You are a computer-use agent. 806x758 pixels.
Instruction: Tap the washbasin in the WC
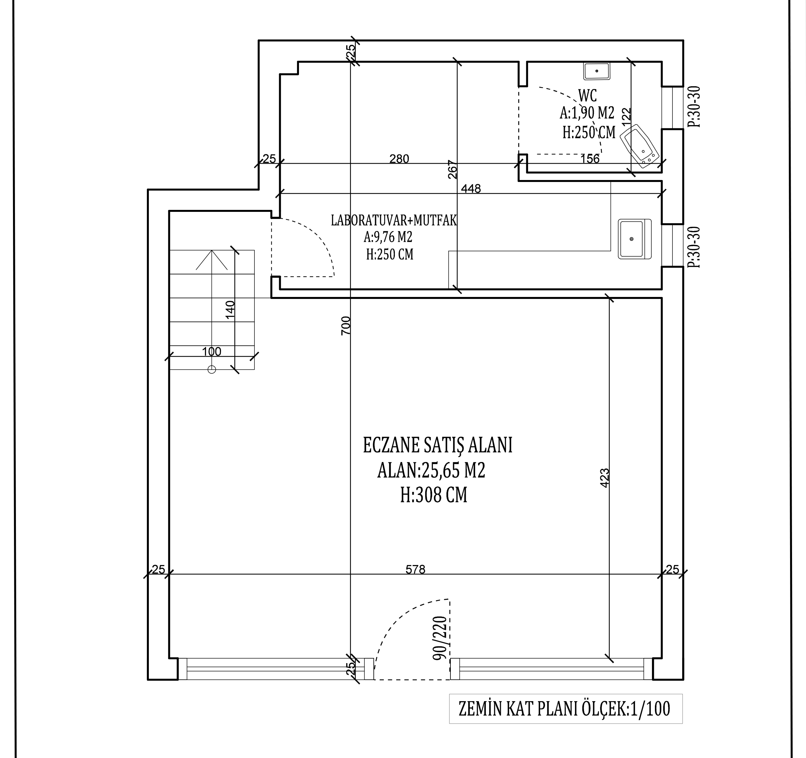point(597,71)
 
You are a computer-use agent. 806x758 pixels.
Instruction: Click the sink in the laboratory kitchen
point(634,239)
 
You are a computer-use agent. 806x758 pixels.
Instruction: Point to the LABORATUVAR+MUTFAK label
point(394,221)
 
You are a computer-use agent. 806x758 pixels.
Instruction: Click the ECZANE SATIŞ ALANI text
point(437,445)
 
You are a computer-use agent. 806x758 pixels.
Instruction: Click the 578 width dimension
point(416,570)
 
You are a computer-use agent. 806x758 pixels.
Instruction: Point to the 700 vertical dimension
point(345,326)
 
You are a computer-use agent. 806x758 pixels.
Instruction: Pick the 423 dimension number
point(604,478)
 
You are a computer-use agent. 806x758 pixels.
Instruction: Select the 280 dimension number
point(399,159)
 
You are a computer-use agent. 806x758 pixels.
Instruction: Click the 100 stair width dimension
point(212,352)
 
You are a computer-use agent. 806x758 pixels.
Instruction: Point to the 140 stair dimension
point(230,310)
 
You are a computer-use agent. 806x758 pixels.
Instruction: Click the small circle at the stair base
point(212,369)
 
